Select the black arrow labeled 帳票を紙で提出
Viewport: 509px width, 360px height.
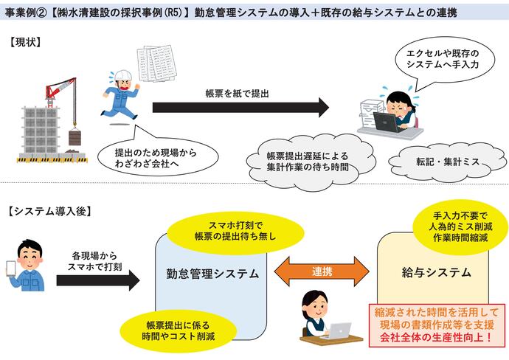(240, 108)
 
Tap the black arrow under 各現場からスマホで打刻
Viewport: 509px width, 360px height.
(91, 279)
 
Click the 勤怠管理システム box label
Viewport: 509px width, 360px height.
(213, 274)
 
